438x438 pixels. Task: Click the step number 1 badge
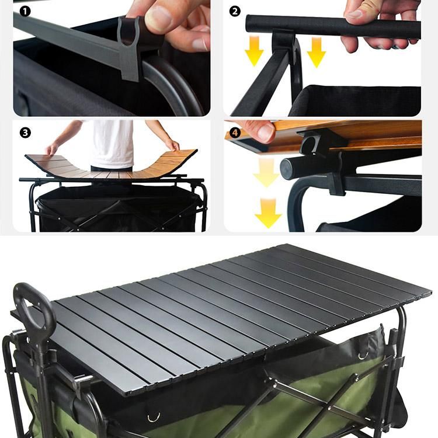click(25, 12)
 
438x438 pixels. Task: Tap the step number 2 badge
click(235, 12)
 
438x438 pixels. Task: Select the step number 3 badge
click(25, 133)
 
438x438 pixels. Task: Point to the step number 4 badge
click(235, 133)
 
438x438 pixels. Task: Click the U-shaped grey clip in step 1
click(129, 47)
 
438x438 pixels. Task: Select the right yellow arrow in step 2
click(316, 52)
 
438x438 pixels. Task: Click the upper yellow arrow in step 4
click(266, 172)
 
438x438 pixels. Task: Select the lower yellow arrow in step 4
click(268, 213)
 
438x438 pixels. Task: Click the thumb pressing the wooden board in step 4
click(263, 131)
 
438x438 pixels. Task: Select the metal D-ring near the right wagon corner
click(363, 355)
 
